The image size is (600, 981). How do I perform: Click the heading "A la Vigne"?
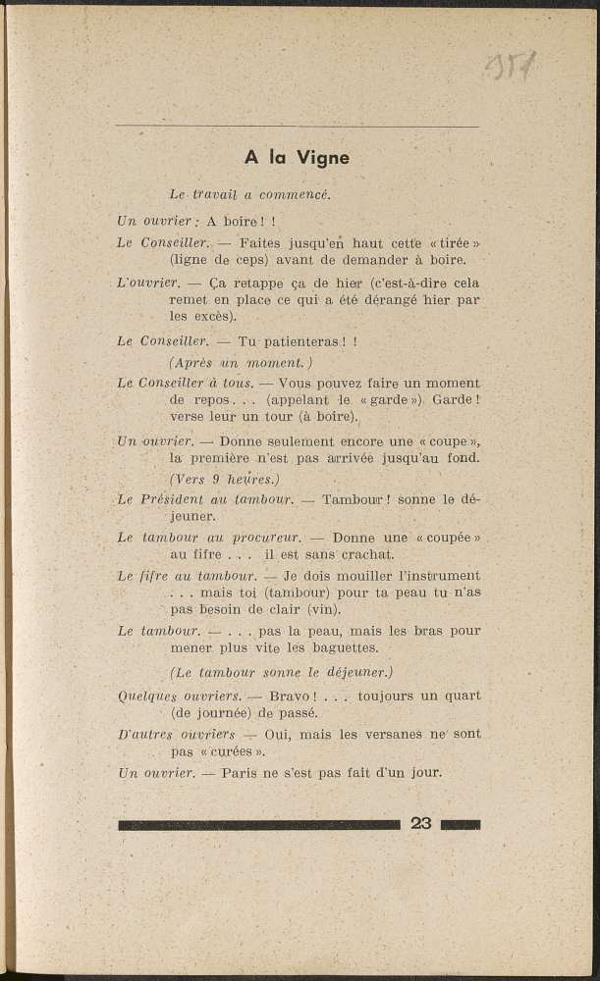click(297, 158)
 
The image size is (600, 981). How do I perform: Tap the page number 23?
click(421, 823)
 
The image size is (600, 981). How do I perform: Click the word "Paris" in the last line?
click(242, 772)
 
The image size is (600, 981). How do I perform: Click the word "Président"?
click(174, 499)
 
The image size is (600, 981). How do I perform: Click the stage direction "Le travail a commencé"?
click(249, 194)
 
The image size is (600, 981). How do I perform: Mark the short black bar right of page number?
click(460, 824)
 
